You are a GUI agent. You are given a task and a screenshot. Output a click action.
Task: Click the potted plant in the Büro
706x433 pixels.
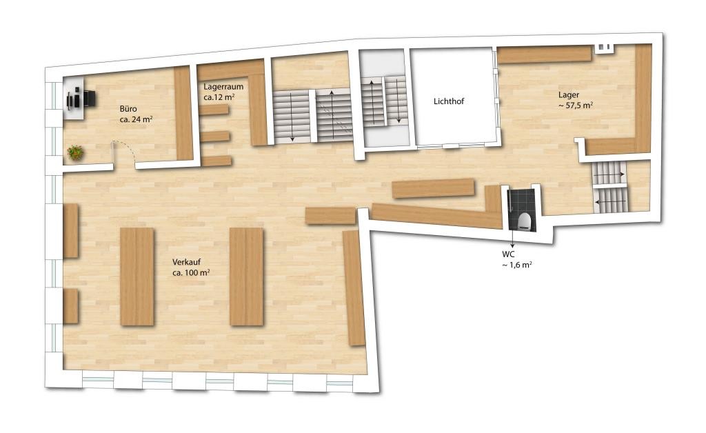[76, 152]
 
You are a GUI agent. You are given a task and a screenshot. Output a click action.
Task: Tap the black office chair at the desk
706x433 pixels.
[89, 99]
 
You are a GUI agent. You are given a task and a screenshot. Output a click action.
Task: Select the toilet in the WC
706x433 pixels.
[524, 221]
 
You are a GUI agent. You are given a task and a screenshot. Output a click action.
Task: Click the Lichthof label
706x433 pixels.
[448, 101]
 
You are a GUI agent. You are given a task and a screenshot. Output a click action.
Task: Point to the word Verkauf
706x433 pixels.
[186, 262]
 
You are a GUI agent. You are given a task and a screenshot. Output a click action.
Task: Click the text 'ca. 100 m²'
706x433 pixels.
[191, 273]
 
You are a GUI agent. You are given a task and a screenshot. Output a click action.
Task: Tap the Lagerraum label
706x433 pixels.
[223, 86]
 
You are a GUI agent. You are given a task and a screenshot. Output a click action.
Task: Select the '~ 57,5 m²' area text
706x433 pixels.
[576, 105]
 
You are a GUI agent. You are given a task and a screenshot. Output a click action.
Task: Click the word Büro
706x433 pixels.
[128, 109]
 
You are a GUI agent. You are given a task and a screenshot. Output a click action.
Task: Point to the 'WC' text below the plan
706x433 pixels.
[508, 254]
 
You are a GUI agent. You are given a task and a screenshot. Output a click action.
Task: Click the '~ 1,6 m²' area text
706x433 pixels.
[517, 265]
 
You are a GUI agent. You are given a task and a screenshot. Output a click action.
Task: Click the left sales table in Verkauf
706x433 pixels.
[137, 276]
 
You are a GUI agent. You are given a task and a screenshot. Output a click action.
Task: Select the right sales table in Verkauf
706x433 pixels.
[246, 276]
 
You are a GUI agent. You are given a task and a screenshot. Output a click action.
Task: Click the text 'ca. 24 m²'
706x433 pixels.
[136, 120]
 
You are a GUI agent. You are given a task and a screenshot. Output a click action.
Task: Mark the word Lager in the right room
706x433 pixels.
[569, 95]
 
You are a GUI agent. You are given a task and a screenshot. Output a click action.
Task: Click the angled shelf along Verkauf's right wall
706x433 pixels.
[354, 288]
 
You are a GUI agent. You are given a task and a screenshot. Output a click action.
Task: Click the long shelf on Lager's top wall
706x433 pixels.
[544, 54]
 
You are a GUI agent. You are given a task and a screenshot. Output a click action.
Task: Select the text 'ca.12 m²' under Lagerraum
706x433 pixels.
[219, 97]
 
